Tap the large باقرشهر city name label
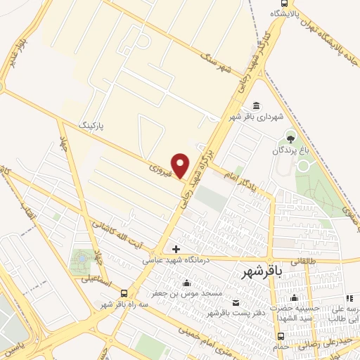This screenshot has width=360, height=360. (264, 271)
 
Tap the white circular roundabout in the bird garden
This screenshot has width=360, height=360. (304, 166)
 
